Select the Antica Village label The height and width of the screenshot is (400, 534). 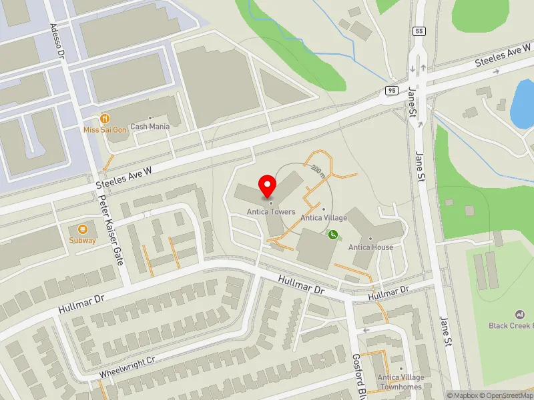point(323,217)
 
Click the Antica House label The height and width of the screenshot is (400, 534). point(370,247)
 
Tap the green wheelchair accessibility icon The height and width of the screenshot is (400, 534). point(332,234)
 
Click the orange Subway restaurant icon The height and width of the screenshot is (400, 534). point(83,229)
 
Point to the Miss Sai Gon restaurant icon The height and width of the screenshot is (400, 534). point(103,118)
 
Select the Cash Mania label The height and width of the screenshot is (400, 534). point(150,126)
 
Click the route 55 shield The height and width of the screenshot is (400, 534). point(419,31)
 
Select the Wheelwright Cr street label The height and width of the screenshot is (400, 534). point(127,367)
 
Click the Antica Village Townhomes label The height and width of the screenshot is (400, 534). point(400,381)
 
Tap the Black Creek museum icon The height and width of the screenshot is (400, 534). point(519,315)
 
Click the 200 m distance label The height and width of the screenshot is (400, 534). point(318,171)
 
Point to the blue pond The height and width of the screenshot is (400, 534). point(522,103)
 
